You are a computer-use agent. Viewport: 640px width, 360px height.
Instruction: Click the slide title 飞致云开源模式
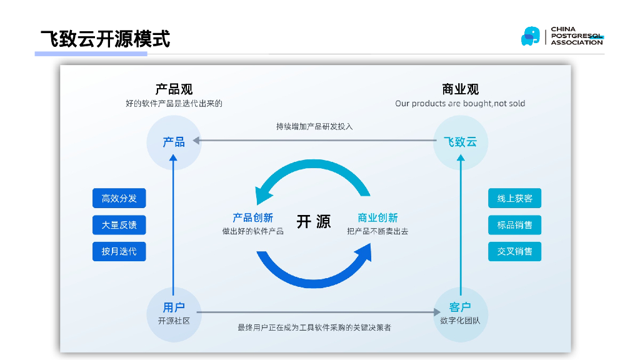105,39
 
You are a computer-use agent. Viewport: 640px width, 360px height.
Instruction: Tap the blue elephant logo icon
530,36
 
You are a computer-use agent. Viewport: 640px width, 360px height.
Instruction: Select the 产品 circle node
174,142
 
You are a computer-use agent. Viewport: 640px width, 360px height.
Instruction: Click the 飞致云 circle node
460,142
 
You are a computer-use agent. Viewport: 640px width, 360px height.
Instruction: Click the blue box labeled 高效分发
119,199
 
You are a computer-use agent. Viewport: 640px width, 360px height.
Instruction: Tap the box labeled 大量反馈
119,225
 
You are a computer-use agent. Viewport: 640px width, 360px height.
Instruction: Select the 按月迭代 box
119,251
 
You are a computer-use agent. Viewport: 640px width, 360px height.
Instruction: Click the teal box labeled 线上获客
514,199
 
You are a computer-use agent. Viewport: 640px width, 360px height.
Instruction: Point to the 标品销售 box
514,225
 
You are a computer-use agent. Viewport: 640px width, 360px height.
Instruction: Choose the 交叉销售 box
514,251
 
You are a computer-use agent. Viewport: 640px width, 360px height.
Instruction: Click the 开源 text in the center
314,222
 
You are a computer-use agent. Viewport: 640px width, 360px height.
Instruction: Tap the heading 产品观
174,89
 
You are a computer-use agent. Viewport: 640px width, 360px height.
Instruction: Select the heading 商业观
460,89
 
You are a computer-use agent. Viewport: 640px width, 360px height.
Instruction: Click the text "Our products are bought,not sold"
460,104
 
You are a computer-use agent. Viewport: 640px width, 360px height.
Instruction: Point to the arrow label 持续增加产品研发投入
314,126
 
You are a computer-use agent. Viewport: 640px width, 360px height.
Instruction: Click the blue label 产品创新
252,218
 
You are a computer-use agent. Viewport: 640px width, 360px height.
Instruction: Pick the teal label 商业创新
377,218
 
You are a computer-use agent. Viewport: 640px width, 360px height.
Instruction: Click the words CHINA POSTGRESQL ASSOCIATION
576,36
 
